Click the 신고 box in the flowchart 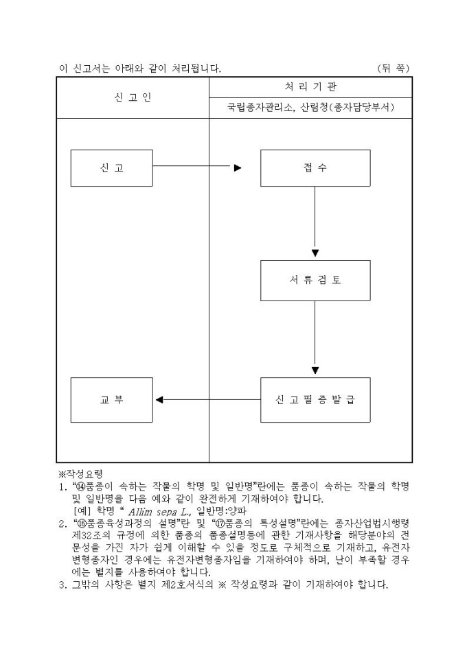(112, 168)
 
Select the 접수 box (315, 168)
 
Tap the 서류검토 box (315, 281)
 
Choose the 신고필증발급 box (315, 399)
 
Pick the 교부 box (112, 399)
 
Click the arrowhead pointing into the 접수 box (238, 167)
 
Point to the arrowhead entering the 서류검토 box (315, 252)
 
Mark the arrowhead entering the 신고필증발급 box (315, 370)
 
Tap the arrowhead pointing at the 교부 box (159, 399)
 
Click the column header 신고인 (133, 97)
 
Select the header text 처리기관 (310, 86)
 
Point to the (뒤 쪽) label (394, 68)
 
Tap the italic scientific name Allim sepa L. (153, 511)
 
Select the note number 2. (60, 523)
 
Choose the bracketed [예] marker (82, 511)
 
